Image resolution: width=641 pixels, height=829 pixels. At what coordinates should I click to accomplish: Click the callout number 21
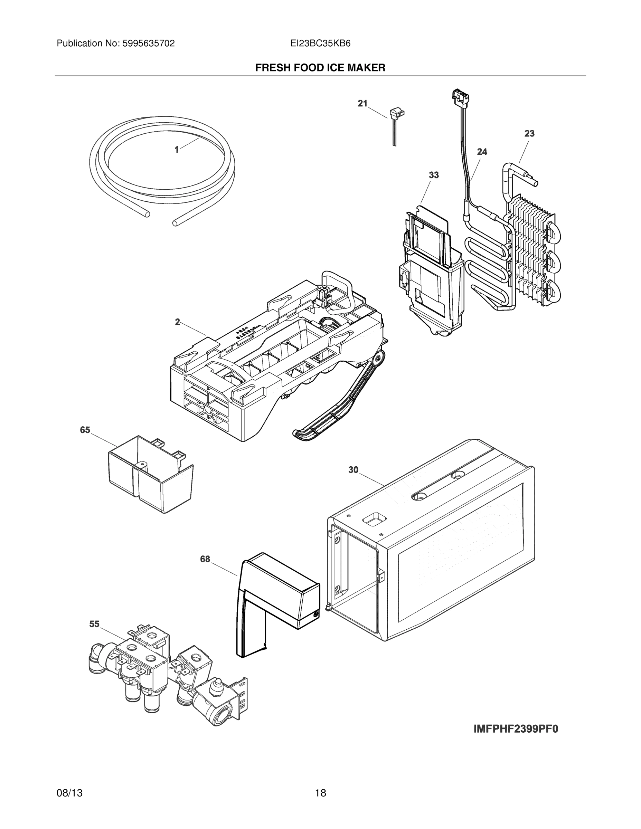(x=362, y=103)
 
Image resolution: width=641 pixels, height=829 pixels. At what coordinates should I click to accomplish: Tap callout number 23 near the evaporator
(x=529, y=134)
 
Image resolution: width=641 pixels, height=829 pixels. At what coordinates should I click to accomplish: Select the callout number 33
(x=434, y=175)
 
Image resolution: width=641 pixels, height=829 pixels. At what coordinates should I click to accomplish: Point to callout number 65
(x=85, y=430)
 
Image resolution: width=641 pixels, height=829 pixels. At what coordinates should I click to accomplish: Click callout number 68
(x=205, y=559)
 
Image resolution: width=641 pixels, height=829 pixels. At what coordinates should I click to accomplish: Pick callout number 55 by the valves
(x=94, y=624)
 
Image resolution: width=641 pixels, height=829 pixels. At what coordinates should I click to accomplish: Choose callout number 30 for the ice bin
(x=353, y=470)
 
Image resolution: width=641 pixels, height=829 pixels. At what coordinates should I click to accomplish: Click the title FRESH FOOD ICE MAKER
(x=320, y=68)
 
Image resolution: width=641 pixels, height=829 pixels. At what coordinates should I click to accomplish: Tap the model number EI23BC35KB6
(x=320, y=44)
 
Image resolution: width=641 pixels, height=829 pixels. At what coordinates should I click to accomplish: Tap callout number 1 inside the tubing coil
(x=177, y=150)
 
